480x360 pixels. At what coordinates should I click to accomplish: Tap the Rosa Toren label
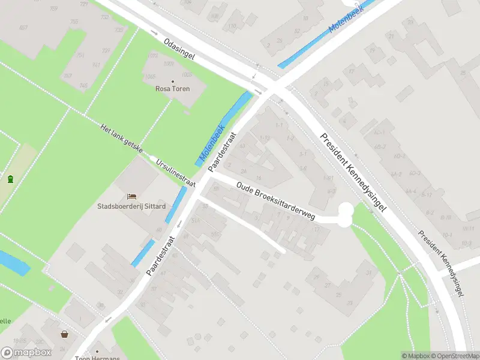(x=173, y=89)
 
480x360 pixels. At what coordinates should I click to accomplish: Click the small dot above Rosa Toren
(x=173, y=81)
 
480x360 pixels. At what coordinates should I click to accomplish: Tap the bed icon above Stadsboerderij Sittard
(x=131, y=196)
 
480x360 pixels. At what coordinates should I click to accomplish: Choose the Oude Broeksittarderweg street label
(x=275, y=201)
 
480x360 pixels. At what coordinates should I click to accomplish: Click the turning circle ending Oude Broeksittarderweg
(x=345, y=214)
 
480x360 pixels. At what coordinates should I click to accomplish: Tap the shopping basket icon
(x=64, y=334)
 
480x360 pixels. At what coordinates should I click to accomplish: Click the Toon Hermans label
(x=98, y=358)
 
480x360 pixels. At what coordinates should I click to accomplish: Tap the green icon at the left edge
(x=10, y=178)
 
